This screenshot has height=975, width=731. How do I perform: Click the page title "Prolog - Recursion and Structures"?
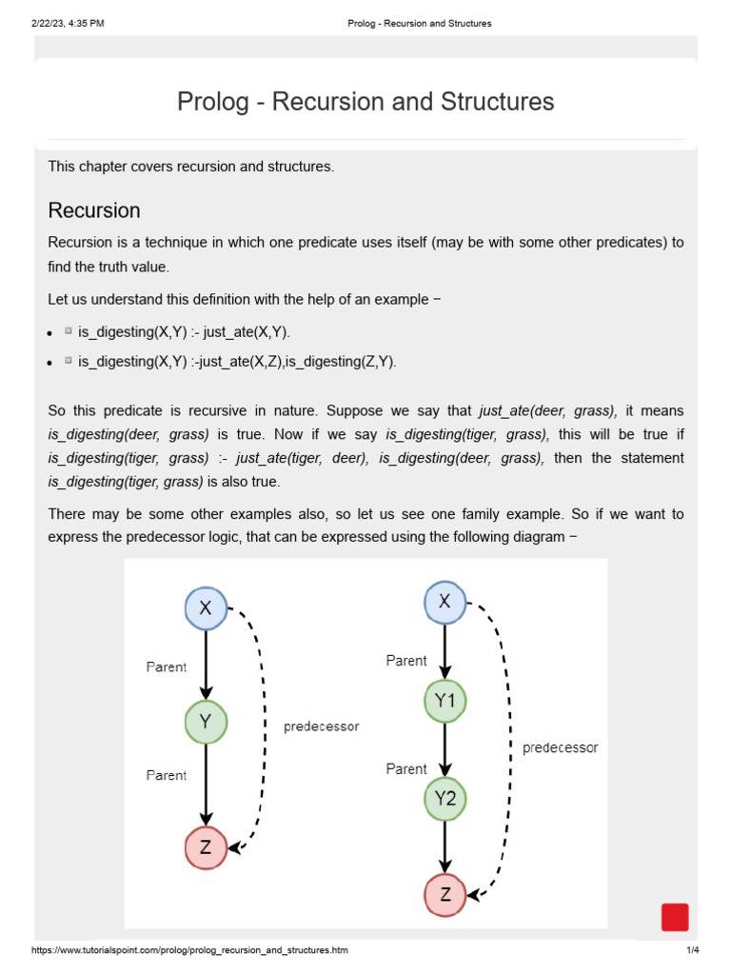click(x=365, y=102)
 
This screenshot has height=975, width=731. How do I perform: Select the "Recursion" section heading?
click(x=94, y=210)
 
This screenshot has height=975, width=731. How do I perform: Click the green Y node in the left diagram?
click(x=206, y=722)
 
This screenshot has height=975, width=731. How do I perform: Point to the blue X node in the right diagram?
click(x=445, y=602)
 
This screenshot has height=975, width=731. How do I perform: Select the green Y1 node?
click(x=445, y=702)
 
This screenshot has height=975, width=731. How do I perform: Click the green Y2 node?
click(x=445, y=799)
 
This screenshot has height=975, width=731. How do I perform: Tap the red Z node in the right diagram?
click(x=445, y=894)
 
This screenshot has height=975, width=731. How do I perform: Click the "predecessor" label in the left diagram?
click(x=322, y=726)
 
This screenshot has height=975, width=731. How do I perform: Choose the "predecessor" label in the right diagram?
click(x=560, y=747)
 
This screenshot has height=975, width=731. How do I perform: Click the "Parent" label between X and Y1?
click(x=406, y=661)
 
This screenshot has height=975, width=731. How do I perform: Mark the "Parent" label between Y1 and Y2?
click(x=406, y=768)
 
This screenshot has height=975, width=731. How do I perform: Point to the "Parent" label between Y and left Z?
click(x=167, y=775)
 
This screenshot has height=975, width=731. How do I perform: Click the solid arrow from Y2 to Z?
click(x=445, y=846)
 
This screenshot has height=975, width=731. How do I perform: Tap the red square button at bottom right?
click(x=675, y=917)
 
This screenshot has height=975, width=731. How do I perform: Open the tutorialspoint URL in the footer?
click(x=189, y=950)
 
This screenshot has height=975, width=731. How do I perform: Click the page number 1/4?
click(x=692, y=950)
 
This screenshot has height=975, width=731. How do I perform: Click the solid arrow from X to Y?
click(x=206, y=665)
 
